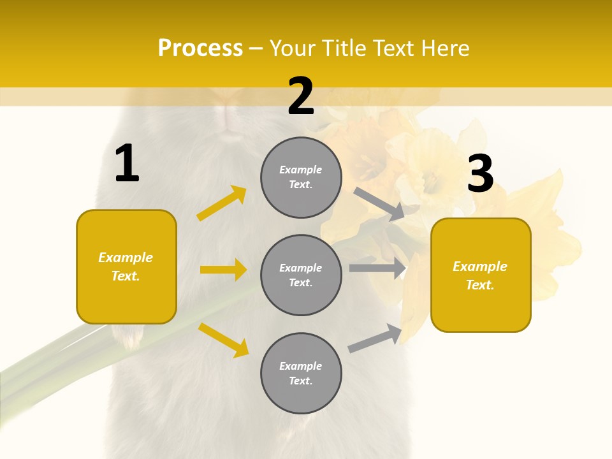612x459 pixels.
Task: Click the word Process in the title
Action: pyautogui.click(x=200, y=48)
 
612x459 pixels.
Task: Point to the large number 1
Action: pyautogui.click(x=127, y=164)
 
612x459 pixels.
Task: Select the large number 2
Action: pyautogui.click(x=301, y=96)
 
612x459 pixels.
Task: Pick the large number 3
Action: pyautogui.click(x=480, y=173)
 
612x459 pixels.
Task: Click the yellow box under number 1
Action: pyautogui.click(x=126, y=266)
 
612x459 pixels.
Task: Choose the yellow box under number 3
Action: pyautogui.click(x=481, y=275)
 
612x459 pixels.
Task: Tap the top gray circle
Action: pyautogui.click(x=301, y=177)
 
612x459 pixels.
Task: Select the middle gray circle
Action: pyautogui.click(x=301, y=275)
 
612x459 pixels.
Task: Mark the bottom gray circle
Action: pyautogui.click(x=301, y=374)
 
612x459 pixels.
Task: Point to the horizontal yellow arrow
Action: pyautogui.click(x=223, y=270)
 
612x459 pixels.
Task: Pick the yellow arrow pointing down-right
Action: pyautogui.click(x=224, y=340)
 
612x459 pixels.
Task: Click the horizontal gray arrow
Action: pyautogui.click(x=377, y=268)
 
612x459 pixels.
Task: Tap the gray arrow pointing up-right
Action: pyautogui.click(x=375, y=338)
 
